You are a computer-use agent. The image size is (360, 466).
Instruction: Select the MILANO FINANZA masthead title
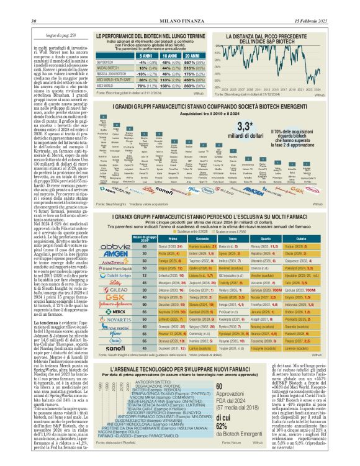click(x=179, y=4)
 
